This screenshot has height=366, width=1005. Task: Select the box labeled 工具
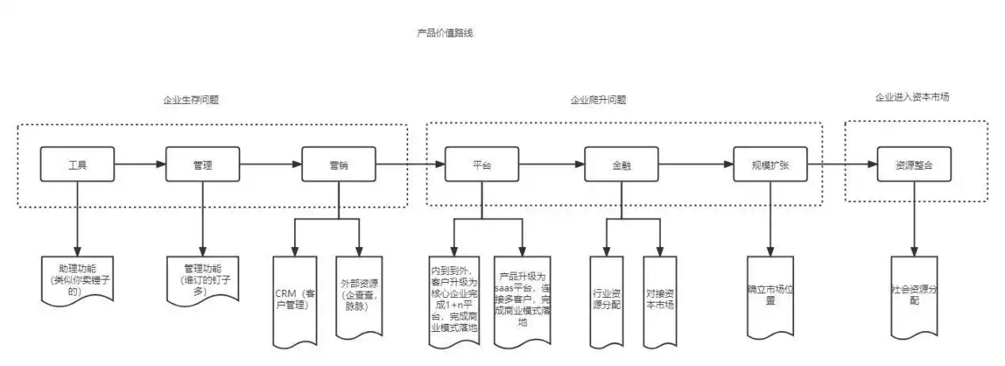click(x=77, y=166)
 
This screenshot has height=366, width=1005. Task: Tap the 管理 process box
click(x=203, y=166)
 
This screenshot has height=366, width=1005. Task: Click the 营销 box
click(x=338, y=166)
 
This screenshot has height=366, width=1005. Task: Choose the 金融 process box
click(x=621, y=166)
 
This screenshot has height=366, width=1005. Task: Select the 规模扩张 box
click(x=769, y=166)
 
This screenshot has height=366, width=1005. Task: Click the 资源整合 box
click(x=913, y=166)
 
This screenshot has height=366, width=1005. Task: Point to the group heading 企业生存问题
click(x=191, y=101)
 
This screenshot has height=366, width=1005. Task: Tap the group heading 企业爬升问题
click(x=598, y=101)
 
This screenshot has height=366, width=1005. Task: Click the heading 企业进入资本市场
click(x=912, y=97)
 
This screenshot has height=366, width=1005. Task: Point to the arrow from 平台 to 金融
click(x=552, y=165)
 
